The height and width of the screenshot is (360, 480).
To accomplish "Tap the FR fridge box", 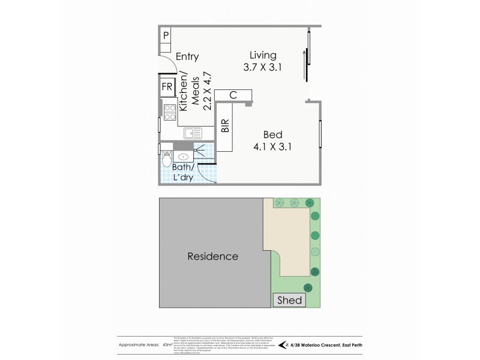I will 167,88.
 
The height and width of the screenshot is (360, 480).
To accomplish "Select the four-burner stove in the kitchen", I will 169,112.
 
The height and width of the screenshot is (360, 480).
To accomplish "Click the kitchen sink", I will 193,133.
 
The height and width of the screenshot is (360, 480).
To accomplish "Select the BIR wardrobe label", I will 225,125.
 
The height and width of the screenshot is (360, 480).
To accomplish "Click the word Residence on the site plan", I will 213,256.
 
